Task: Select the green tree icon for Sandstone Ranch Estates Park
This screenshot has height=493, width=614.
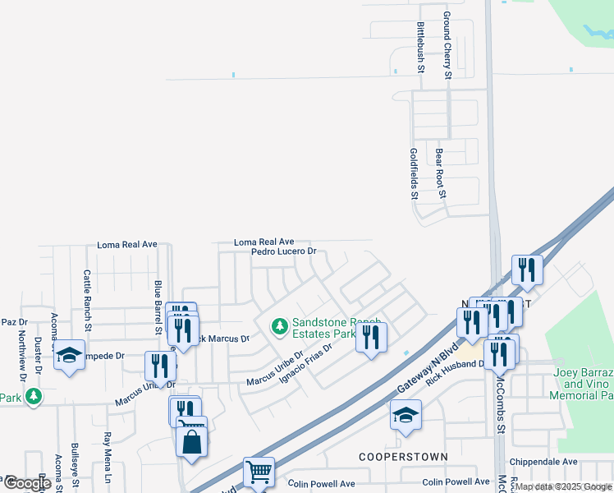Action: [279, 327]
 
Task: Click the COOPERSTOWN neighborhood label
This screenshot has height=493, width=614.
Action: [403, 456]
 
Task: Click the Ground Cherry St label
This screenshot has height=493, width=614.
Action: [447, 45]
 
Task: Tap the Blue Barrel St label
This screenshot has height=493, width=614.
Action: [158, 306]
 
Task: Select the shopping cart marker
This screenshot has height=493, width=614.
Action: [259, 472]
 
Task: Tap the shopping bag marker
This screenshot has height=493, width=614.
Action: [191, 442]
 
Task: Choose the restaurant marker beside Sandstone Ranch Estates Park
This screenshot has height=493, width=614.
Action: [371, 337]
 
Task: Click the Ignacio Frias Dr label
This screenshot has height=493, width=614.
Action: [305, 362]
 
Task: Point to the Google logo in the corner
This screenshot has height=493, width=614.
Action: [27, 483]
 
